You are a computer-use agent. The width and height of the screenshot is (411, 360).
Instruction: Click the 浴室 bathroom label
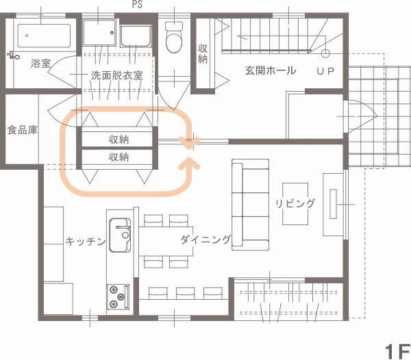click(x=41, y=64)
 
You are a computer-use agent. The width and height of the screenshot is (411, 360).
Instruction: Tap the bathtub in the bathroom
click(x=44, y=36)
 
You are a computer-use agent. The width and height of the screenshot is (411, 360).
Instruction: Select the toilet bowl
click(x=174, y=38)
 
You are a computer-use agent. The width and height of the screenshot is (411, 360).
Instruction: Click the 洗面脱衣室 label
click(x=117, y=75)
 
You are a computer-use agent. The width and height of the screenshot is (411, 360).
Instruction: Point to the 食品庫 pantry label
click(x=23, y=130)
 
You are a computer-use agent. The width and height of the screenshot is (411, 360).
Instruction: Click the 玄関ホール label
click(x=271, y=70)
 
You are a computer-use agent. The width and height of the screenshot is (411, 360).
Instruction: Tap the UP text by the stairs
click(x=325, y=71)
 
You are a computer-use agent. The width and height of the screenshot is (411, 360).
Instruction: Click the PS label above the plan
click(x=138, y=4)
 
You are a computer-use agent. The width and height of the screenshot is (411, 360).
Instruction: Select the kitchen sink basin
click(x=120, y=235)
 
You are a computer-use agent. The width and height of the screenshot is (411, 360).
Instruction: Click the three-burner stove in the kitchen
click(x=118, y=296)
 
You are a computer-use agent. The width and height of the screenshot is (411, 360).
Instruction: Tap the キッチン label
click(x=86, y=241)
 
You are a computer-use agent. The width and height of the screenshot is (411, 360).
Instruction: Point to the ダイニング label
click(x=206, y=240)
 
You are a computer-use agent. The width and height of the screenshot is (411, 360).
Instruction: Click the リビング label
click(x=295, y=203)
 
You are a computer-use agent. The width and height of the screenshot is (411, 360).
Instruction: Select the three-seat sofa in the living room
click(x=250, y=205)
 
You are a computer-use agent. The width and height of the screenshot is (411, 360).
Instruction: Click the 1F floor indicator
click(x=397, y=352)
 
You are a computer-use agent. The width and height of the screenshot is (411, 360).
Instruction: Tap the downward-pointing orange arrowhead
click(x=189, y=143)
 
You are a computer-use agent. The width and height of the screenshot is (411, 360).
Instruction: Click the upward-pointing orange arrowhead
click(x=189, y=164)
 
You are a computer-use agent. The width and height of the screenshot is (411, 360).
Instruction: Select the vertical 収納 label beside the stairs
click(x=203, y=53)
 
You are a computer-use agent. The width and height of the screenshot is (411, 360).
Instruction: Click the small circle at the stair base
click(x=325, y=53)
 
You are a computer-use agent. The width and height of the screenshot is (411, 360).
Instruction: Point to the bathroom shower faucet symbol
click(x=14, y=55)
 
